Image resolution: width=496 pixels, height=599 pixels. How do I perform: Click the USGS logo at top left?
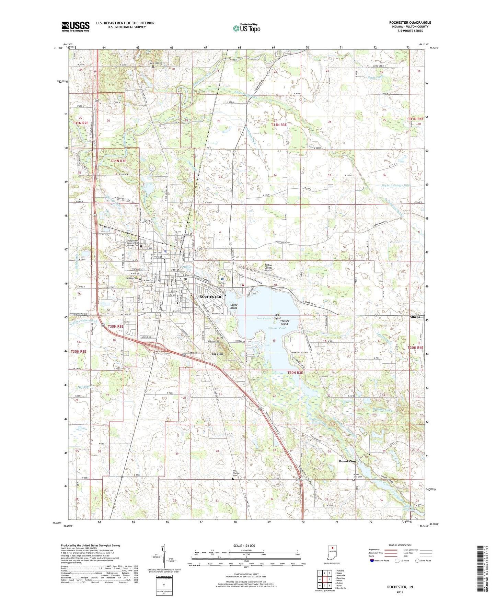(x=76, y=26)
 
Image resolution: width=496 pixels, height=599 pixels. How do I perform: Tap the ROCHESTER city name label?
(x=210, y=297)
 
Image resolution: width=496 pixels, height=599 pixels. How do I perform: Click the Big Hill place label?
(x=217, y=354)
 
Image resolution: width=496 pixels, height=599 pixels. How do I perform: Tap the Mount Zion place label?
(x=347, y=461)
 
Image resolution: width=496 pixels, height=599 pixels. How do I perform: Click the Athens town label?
(x=415, y=317)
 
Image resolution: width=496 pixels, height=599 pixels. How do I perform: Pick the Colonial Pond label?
(x=277, y=328)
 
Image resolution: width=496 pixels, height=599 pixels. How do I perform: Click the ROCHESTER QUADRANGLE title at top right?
(x=410, y=23)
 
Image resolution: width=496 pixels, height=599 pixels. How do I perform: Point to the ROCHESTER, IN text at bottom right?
(x=400, y=587)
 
